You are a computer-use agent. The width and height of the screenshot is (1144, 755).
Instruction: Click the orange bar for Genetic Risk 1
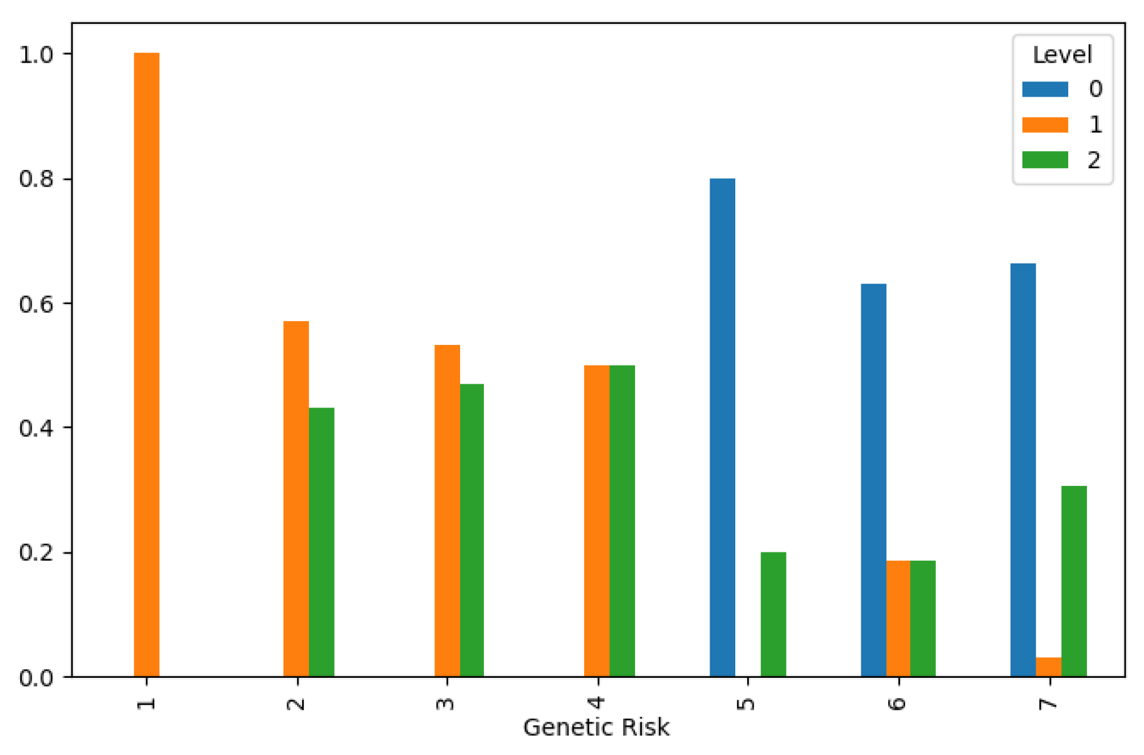click(x=147, y=364)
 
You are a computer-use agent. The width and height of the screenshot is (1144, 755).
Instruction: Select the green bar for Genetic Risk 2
click(x=322, y=542)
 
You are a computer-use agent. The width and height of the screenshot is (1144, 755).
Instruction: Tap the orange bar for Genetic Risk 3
click(x=447, y=510)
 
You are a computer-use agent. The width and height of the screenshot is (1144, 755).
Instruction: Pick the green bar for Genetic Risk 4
click(x=622, y=520)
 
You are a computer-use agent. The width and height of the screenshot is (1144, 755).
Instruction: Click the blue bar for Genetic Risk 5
click(x=722, y=427)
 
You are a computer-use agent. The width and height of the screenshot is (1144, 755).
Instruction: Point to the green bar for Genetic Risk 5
click(x=773, y=614)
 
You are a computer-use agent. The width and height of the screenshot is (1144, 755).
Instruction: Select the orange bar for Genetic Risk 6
click(x=898, y=618)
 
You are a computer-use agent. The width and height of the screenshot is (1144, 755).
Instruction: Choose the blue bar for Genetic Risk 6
click(x=873, y=480)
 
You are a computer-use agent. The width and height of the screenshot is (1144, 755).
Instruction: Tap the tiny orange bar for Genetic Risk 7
click(x=1048, y=667)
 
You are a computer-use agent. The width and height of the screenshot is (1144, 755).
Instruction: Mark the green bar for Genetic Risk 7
click(x=1074, y=581)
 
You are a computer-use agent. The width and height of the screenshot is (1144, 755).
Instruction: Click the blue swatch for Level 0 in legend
click(x=1045, y=89)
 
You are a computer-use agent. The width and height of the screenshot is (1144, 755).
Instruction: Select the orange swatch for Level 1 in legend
click(x=1045, y=124)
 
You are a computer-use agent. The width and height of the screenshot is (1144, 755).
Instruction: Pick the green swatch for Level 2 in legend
click(x=1045, y=160)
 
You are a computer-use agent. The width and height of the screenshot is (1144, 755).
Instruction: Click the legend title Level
click(x=1062, y=55)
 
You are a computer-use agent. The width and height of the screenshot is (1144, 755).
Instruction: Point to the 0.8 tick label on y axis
click(x=36, y=179)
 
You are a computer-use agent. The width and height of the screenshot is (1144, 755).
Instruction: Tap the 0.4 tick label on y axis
click(x=36, y=428)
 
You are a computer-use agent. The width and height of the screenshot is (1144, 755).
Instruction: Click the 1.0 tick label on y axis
click(x=36, y=55)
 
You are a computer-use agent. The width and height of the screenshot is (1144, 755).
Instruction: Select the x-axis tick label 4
click(x=597, y=702)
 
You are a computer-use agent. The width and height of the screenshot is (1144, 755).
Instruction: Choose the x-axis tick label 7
click(x=1047, y=702)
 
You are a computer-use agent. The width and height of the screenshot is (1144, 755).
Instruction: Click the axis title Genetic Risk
click(x=596, y=727)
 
